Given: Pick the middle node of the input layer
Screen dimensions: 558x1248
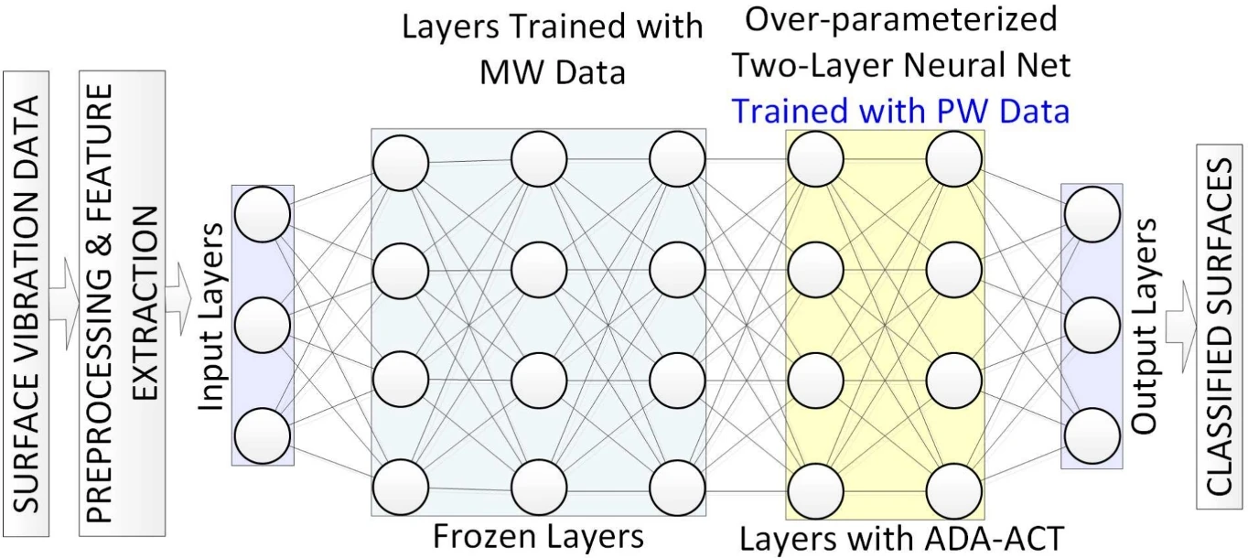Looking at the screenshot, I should tap(263, 325).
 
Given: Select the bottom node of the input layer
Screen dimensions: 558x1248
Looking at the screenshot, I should tap(263, 435).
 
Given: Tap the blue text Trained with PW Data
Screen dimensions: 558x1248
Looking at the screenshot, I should tap(901, 111).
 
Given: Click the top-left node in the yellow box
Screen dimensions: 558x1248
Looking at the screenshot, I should tap(815, 158).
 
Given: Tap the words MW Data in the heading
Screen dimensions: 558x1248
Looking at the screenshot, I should tap(552, 70).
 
